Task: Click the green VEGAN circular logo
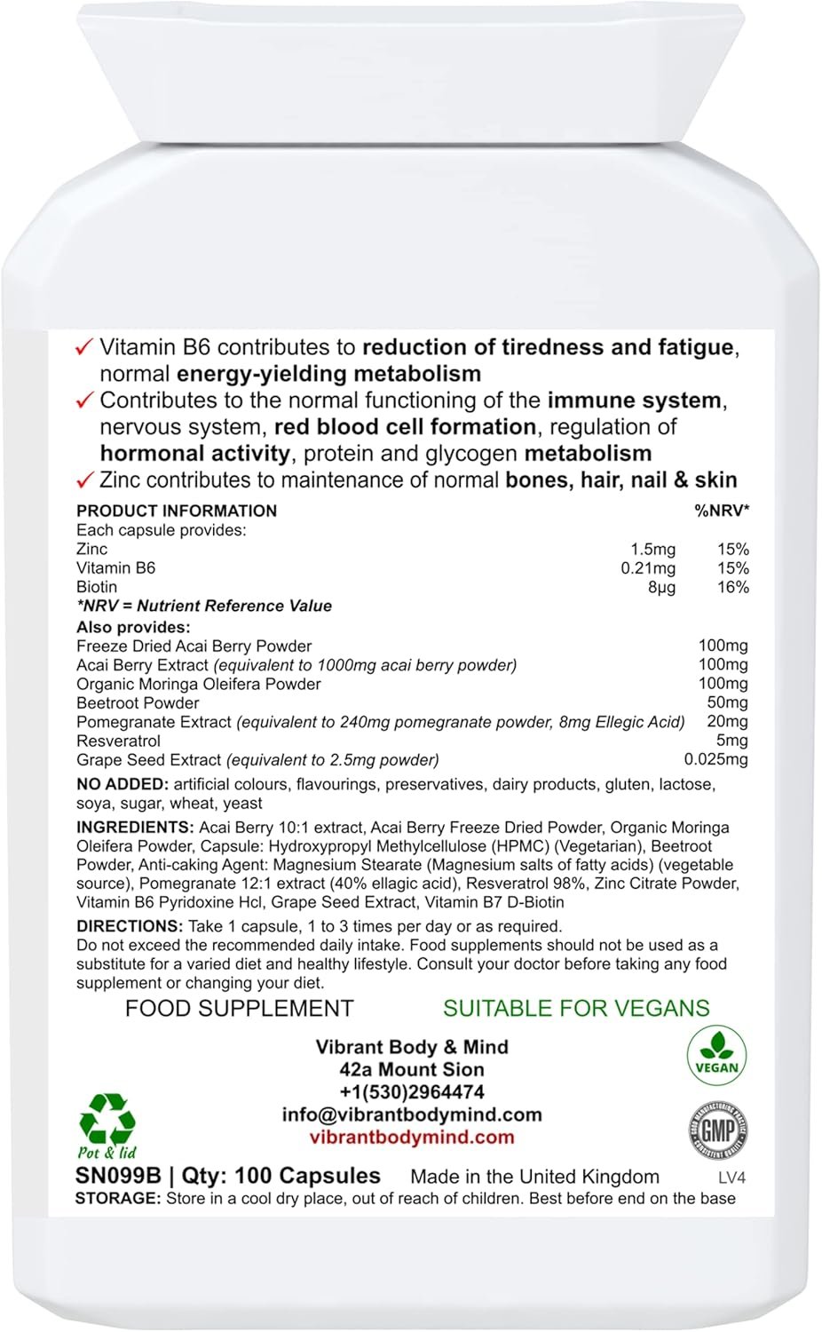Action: pos(716,1056)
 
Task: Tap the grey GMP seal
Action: pos(717,1131)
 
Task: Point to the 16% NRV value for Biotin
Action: pos(732,587)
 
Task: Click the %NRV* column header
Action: pos(722,511)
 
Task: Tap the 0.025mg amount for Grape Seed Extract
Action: pos(715,759)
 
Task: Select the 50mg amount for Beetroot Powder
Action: pos(727,702)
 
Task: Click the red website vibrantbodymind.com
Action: pos(412,1138)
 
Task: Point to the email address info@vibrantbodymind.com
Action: pos(412,1114)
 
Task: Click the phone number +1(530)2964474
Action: pos(412,1092)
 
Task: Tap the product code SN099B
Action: pos(118,1176)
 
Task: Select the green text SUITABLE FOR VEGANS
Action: pos(576,1009)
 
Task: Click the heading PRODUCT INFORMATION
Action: pos(177,511)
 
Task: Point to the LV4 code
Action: pos(731,1178)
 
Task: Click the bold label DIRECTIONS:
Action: pos(130,926)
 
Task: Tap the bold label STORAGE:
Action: pos(118,1198)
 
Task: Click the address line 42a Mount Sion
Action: pos(412,1070)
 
